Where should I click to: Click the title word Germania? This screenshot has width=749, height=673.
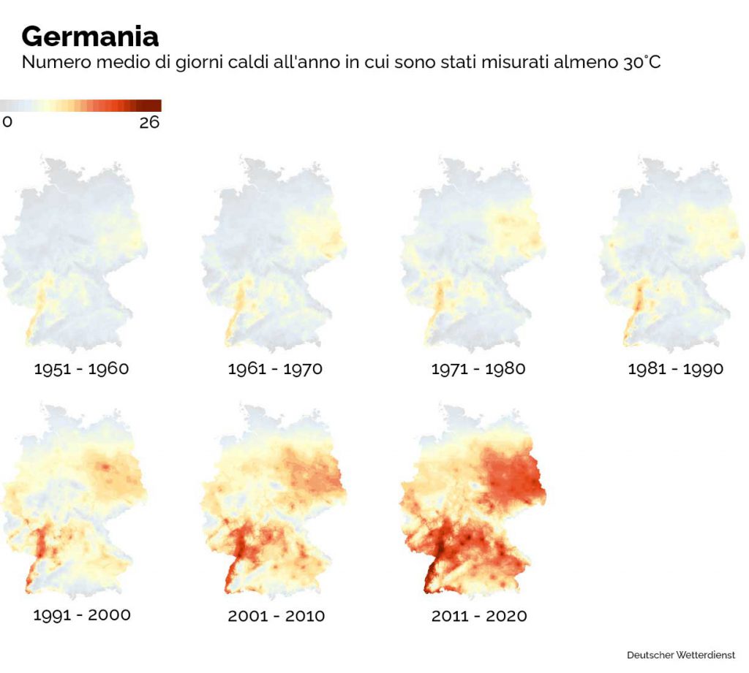point(90,36)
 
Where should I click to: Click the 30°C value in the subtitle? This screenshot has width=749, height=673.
point(641,62)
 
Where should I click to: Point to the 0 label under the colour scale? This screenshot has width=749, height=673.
point(7,122)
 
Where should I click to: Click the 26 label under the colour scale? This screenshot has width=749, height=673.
point(149,122)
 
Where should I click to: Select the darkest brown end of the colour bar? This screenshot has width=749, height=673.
point(156,105)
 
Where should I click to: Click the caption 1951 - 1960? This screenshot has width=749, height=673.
point(81,368)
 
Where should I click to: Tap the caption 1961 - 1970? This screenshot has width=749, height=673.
point(275,368)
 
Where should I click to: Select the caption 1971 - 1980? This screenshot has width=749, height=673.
point(478,368)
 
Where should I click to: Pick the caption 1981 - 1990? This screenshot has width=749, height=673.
point(675,368)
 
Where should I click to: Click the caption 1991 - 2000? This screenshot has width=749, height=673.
point(82,615)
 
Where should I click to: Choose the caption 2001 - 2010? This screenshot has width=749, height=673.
point(276,616)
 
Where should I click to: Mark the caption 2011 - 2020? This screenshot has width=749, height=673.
point(479,616)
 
